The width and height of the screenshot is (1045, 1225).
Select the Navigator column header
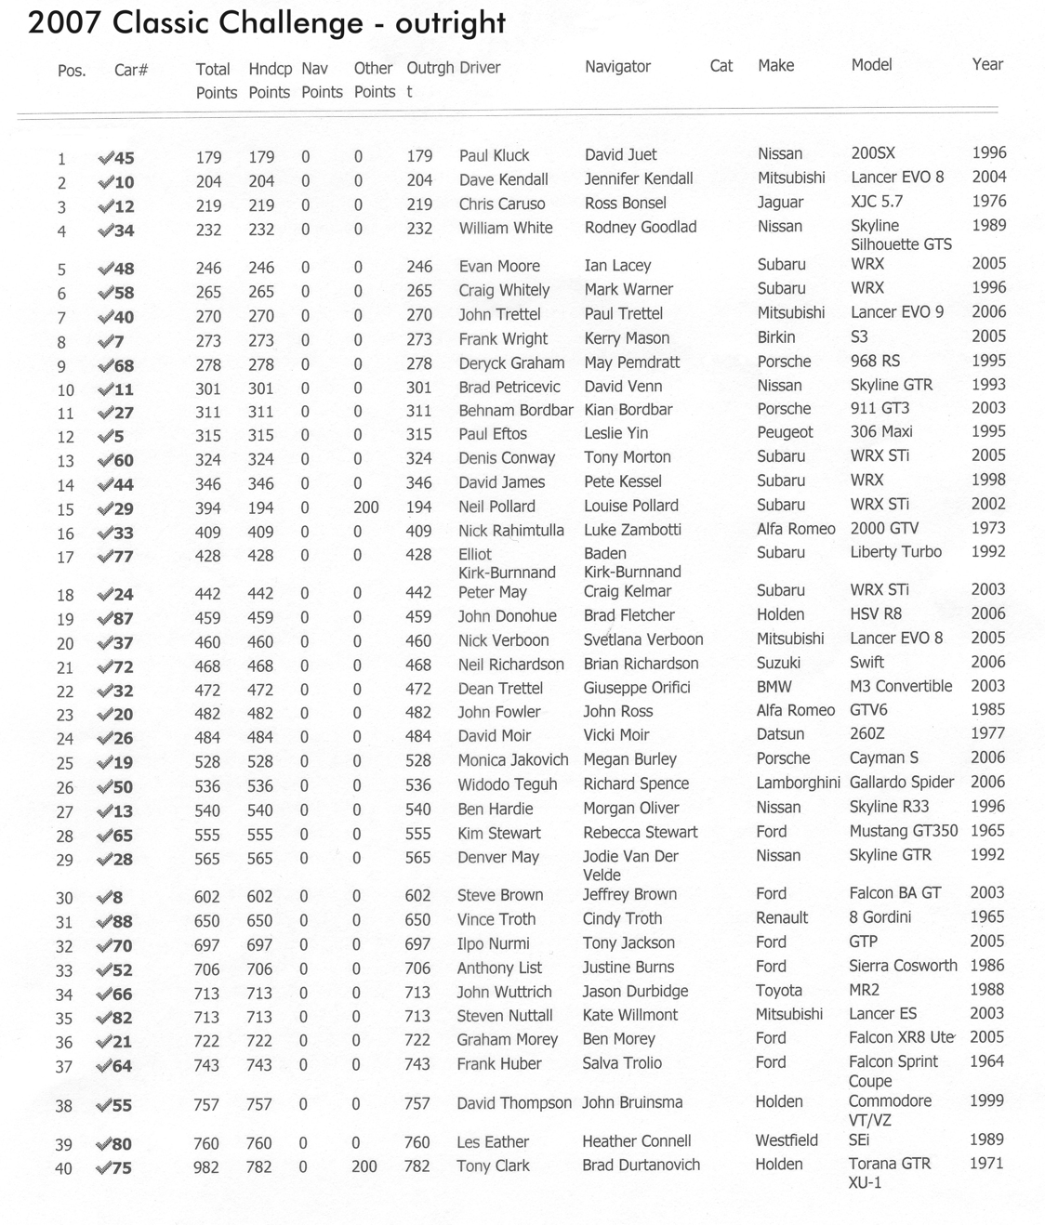click(617, 66)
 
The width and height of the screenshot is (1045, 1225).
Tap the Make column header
click(775, 65)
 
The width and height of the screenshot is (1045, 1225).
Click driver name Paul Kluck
click(494, 155)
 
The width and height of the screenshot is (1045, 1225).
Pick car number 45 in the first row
click(124, 159)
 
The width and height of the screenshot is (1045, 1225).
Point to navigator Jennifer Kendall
click(639, 178)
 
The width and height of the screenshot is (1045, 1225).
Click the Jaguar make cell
click(780, 202)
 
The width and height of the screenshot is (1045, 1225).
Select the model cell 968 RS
click(875, 361)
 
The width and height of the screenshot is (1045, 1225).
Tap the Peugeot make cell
click(785, 432)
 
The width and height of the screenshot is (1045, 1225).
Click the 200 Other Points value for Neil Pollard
click(365, 507)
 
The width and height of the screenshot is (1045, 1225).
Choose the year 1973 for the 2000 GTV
click(988, 528)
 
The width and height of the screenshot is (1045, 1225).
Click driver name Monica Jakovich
click(512, 759)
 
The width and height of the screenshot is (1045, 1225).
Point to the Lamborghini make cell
click(798, 783)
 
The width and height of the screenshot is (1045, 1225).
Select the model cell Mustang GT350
click(903, 831)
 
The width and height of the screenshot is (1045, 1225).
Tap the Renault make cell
click(782, 917)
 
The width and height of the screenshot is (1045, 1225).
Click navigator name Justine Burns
click(628, 967)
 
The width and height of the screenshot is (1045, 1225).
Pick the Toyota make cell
click(778, 991)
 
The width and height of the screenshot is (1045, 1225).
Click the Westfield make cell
click(787, 1140)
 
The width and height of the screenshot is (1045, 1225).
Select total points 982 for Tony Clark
click(206, 1167)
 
